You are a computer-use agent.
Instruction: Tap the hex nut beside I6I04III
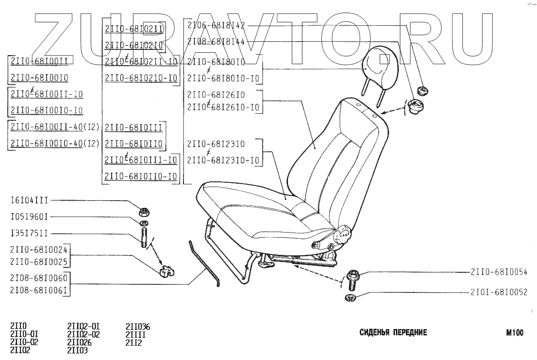(x=143, y=211)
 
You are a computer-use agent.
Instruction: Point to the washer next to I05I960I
(x=144, y=223)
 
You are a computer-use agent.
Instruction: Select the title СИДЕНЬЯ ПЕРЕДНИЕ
(x=393, y=332)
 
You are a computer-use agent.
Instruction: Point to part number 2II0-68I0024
(x=38, y=249)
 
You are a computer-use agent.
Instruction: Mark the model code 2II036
(x=138, y=327)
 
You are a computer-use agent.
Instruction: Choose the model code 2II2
(x=134, y=342)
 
